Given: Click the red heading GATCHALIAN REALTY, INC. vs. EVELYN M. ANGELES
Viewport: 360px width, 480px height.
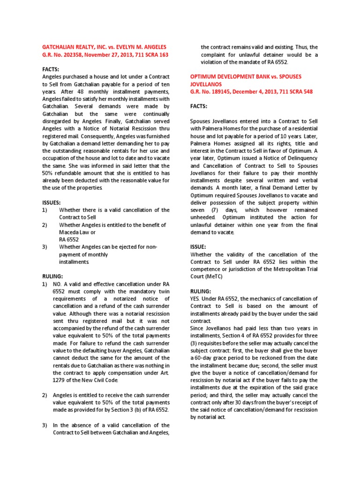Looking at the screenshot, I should click(x=104, y=47).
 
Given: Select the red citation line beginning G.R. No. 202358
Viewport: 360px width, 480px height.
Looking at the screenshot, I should click(x=105, y=55).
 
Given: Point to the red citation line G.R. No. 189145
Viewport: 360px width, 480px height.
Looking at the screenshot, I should click(x=251, y=91).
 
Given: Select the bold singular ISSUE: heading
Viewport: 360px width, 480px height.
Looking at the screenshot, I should click(x=198, y=246).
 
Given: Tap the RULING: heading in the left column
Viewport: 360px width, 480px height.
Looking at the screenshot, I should click(x=52, y=277).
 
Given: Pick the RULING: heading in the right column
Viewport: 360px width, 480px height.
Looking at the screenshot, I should click(x=200, y=291).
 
